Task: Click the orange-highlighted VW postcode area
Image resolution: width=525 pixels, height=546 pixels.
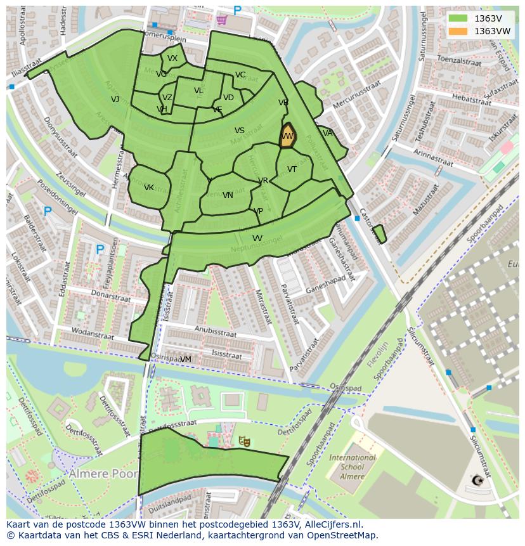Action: [287, 136]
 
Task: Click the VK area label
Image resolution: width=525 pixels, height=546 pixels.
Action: [149, 188]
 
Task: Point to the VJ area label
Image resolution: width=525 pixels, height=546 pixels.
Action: [115, 100]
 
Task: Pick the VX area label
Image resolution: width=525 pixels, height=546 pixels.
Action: [172, 58]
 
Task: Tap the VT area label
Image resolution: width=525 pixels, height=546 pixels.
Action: [292, 169]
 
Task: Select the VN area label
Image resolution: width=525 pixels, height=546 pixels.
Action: [228, 195]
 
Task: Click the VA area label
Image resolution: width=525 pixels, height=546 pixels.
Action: [327, 133]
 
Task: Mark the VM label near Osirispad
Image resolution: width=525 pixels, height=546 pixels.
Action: [185, 360]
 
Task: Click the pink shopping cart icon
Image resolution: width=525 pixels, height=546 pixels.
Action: [221, 20]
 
